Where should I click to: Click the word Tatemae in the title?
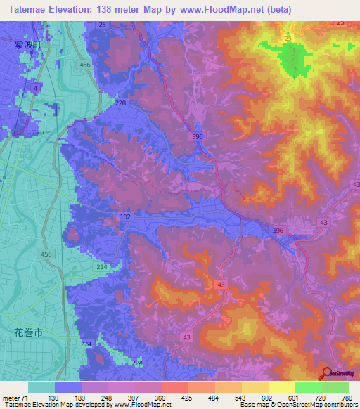click(30, 8)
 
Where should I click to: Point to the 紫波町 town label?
click(25, 44)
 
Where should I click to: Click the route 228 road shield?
click(120, 103)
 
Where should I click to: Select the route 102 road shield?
click(125, 218)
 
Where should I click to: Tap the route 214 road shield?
click(101, 268)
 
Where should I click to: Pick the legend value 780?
click(346, 397)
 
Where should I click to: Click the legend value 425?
click(187, 397)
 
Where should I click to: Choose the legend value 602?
click(266, 397)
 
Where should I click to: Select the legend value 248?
click(107, 397)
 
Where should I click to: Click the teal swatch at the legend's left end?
click(41, 387)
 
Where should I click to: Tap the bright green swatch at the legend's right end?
click(335, 387)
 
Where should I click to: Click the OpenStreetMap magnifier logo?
click(326, 372)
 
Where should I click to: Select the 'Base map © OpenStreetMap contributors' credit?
click(297, 405)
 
